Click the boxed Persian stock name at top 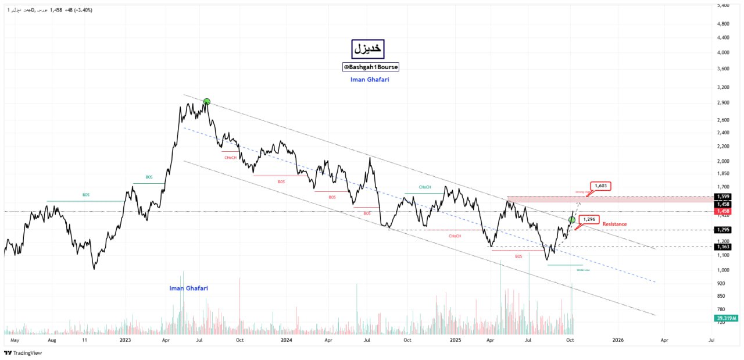pos(368,49)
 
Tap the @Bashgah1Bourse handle pos(371,67)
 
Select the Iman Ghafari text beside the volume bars pos(188,288)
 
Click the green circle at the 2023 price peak pos(206,102)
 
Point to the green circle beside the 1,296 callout pos(572,219)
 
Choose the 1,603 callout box pos(600,186)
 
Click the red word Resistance pos(614,224)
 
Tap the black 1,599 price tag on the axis pos(722,197)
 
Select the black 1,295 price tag pos(722,230)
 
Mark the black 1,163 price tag pos(722,247)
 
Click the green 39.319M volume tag pos(727,318)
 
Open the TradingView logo pos(23,352)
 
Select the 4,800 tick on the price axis pos(724,24)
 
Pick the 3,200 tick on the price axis pos(724,87)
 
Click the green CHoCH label pos(425,187)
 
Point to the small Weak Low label pos(583,270)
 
